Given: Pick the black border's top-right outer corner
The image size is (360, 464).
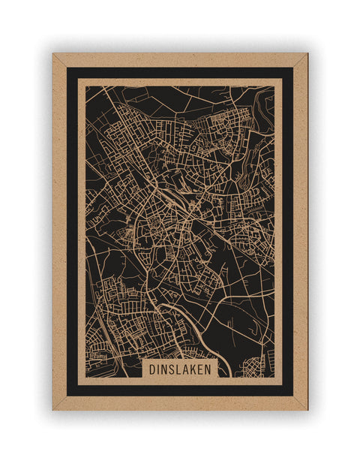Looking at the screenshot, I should (x=293, y=68).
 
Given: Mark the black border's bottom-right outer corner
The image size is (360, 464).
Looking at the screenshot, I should (x=293, y=396).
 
